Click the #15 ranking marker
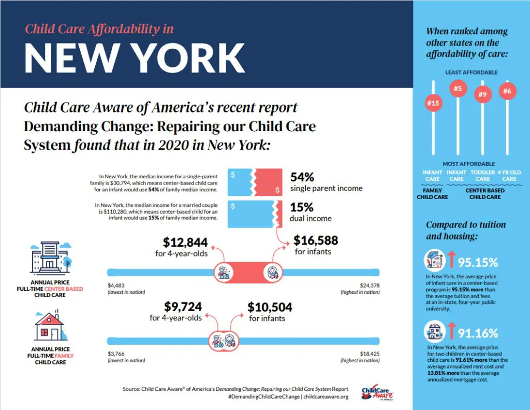coord(433,104)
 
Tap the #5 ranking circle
coord(457,89)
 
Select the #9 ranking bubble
coord(483,94)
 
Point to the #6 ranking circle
coord(507,91)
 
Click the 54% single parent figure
coord(302,177)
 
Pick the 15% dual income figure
coord(301,207)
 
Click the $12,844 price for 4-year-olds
coord(185,242)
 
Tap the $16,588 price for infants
coord(316,241)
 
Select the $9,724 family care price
coord(183,306)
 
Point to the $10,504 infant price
coord(270,307)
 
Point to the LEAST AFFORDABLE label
coord(472,73)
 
